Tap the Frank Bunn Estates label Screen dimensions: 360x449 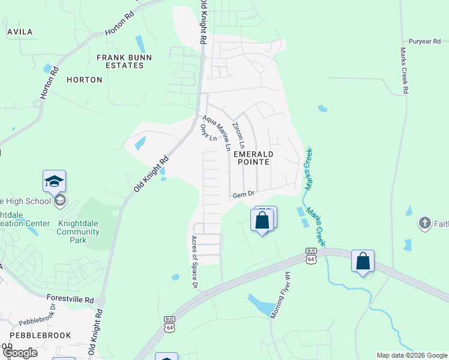point(125,61)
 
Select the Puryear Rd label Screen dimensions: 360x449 point(424,41)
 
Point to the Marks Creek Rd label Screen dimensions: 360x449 point(404,71)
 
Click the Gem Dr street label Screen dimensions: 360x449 point(244,194)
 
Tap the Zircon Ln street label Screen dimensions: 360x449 point(239,136)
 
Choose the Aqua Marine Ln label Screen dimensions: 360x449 point(217,133)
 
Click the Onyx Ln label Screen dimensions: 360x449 point(208,133)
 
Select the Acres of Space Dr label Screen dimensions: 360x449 point(194,262)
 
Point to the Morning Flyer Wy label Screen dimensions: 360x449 point(280,295)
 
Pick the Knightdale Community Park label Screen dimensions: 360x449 point(78,232)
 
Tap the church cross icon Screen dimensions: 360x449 point(424,223)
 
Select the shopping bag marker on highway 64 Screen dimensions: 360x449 point(363,261)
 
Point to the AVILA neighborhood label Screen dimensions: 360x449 point(20,31)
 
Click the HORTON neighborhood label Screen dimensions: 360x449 point(80,79)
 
